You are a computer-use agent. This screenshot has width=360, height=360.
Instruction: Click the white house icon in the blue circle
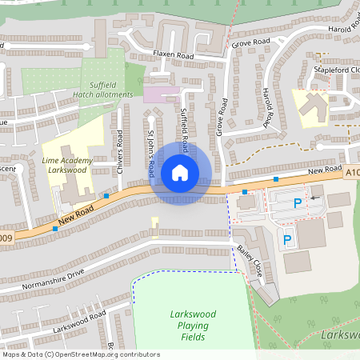[180, 173]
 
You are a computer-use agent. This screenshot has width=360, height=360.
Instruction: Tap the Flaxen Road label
[174, 56]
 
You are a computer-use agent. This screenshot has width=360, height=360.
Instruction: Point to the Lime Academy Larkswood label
[68, 165]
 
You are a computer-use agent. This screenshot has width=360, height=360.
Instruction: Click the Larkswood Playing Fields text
[189, 326]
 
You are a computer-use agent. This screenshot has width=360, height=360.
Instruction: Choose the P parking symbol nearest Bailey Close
[287, 239]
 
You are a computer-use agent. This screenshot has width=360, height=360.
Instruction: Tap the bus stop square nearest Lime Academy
[106, 195]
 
